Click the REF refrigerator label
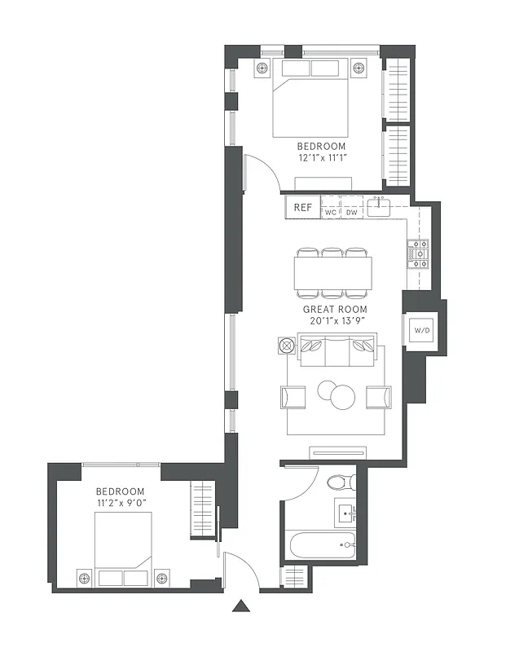point(302,208)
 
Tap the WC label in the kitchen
point(331,213)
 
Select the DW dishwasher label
point(352,213)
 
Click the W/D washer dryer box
point(422,331)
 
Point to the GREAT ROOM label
point(335,310)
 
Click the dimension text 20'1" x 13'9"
point(335,321)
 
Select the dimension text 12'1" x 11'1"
point(321,158)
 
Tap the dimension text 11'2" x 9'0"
point(121,504)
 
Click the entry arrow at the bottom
point(240,606)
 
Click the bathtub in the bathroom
point(319,544)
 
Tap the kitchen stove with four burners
point(418,253)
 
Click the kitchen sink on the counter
point(380,208)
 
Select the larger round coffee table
point(342,396)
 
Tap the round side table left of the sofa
point(286,346)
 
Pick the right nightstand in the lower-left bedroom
point(161,577)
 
